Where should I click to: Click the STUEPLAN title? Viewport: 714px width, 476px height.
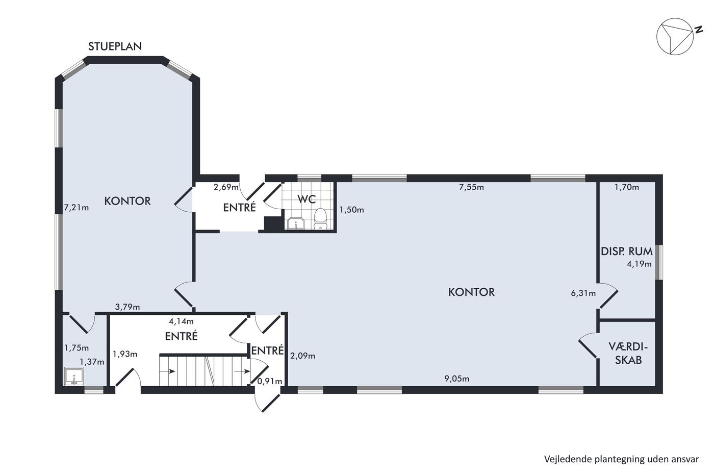coord(115,46)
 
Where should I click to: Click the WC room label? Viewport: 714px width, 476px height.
coord(307,199)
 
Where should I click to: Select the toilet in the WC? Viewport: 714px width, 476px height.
coord(320,219)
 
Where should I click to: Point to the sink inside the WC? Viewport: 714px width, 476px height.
coord(296,223)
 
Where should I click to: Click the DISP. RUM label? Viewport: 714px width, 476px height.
coord(627,251)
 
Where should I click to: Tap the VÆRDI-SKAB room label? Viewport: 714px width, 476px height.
coord(628,353)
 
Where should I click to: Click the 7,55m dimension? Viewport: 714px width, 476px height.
coord(471,187)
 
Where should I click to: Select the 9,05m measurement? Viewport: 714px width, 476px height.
coord(457,379)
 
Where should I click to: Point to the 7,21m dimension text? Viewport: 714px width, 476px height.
coord(76,208)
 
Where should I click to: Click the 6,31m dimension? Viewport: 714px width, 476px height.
coord(583,293)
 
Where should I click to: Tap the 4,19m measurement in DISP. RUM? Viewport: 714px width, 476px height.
coord(639,264)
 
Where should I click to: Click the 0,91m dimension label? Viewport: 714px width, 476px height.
coord(270,381)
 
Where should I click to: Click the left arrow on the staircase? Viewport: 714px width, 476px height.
coord(167,371)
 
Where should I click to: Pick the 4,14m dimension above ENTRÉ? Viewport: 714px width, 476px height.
coord(181,321)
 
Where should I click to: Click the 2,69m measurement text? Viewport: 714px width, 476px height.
coord(226,187)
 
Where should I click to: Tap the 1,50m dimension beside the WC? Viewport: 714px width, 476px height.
coord(351,210)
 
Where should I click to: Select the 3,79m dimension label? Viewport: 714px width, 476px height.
coord(127,307)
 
